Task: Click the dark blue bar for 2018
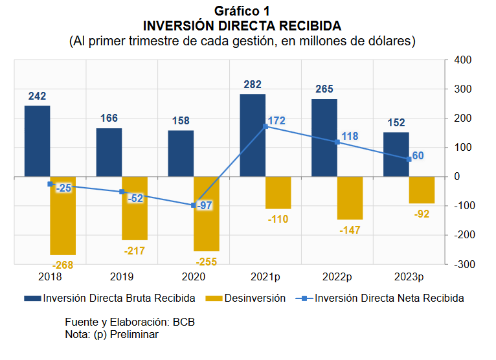[38, 141]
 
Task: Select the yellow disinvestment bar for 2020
[207, 214]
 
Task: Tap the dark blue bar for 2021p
[253, 135]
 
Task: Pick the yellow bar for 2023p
[422, 190]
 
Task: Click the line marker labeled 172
[265, 126]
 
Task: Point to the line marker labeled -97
[194, 205]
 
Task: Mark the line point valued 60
[409, 159]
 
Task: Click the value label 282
[253, 85]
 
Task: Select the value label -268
[63, 265]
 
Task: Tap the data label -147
[350, 230]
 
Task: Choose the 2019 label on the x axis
[122, 277]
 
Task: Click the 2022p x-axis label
[337, 277]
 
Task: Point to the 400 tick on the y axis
[462, 60]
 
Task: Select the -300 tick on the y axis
[462, 264]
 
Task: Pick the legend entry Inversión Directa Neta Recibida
[389, 298]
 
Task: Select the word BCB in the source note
[183, 322]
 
